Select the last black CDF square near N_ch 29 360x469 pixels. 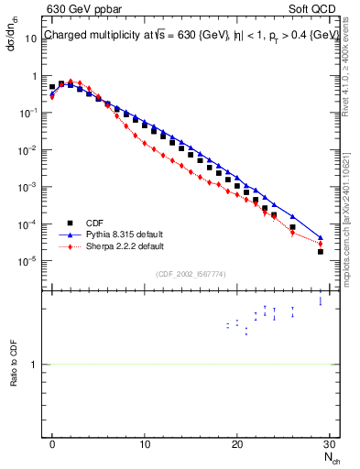[x=320, y=251]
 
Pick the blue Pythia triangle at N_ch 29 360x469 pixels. [x=320, y=237]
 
